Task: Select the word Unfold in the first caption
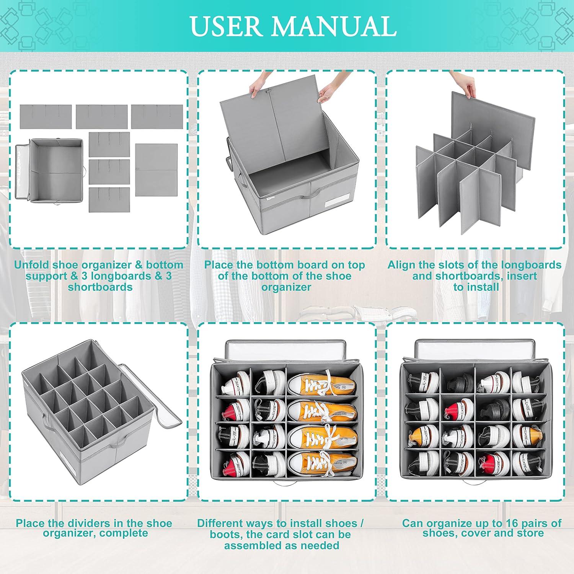(x=32, y=265)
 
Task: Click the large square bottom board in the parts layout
(x=157, y=170)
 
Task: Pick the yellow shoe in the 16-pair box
(x=420, y=434)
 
